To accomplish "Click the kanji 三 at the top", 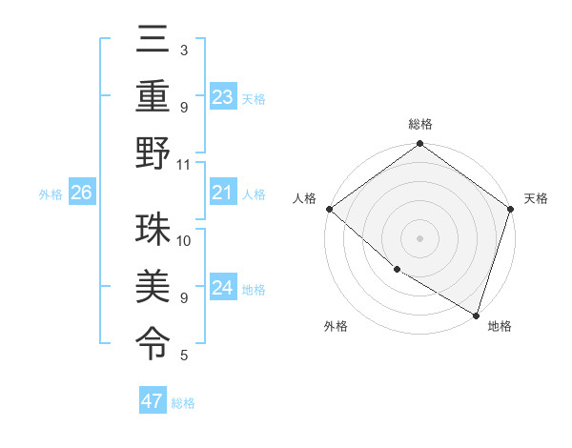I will (153, 40).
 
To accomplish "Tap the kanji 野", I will (153, 153).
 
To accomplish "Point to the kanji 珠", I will (153, 230).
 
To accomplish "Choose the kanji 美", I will (153, 286).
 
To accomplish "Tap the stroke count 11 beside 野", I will (184, 164).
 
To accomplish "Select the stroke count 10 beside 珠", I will (184, 240).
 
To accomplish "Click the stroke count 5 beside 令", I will (184, 356).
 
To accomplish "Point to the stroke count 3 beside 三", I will (184, 50).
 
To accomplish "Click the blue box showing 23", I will (222, 96).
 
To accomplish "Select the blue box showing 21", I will (222, 193).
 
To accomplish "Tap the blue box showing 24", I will (222, 288).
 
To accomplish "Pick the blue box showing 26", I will (81, 193).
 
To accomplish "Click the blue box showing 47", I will (153, 401).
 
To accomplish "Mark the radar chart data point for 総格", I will (419, 145).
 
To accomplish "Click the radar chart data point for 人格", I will (329, 209).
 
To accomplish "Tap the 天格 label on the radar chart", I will (536, 198).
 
